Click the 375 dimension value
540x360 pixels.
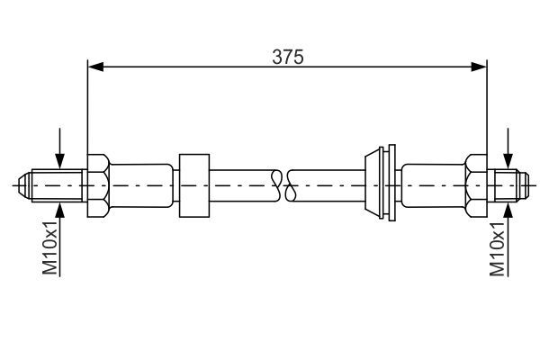[288, 57]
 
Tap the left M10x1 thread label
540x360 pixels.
[49, 248]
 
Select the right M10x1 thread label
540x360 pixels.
[498, 249]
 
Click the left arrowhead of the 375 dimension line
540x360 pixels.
[95, 67]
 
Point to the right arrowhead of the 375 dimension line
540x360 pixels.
[479, 67]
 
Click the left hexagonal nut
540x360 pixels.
[98, 185]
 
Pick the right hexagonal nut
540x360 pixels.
[476, 185]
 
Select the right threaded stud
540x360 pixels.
[508, 185]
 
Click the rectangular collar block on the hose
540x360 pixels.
[194, 185]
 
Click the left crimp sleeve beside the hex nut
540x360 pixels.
[141, 185]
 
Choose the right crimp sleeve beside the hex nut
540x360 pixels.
[433, 185]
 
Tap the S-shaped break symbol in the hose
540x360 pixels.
[283, 185]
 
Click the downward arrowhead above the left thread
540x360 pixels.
[59, 161]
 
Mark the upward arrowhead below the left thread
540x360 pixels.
[59, 211]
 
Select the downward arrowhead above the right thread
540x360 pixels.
[508, 161]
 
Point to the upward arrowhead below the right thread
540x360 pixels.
[508, 211]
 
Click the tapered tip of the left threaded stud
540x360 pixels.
[25, 185]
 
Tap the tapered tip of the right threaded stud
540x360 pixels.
[524, 185]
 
